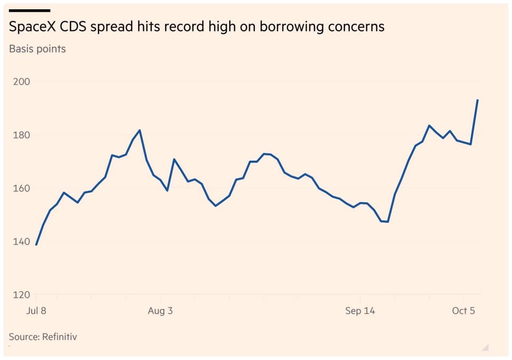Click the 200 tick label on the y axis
tap(22, 82)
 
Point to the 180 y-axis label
tap(22, 135)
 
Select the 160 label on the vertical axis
tap(22, 188)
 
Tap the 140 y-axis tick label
tap(22, 242)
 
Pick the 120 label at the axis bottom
tap(22, 295)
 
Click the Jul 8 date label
tap(36, 311)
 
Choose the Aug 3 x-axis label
tap(160, 311)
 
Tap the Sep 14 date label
tap(360, 311)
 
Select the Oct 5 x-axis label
tap(463, 311)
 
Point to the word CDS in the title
tap(73, 26)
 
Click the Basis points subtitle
tap(37, 49)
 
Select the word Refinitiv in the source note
tap(60, 337)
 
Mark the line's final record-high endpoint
tap(478, 100)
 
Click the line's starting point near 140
tap(36, 245)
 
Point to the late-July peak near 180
tap(140, 130)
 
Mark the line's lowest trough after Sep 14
tap(388, 222)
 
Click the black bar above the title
tap(30, 10)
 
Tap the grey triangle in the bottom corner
tap(486, 348)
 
